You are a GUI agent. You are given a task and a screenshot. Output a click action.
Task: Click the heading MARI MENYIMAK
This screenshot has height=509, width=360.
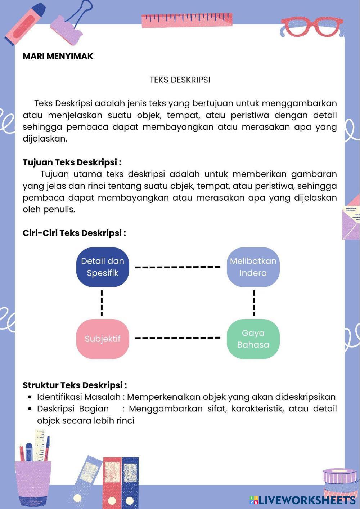click(x=58, y=56)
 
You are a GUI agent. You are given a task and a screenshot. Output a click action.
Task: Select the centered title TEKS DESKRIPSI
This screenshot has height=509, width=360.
click(x=180, y=80)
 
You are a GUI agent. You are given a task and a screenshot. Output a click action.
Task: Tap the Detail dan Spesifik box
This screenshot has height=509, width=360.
click(x=103, y=267)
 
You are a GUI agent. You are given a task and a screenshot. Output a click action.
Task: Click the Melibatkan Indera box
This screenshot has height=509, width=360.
click(x=253, y=267)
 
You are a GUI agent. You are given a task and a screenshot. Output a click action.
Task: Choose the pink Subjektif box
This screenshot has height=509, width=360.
click(x=103, y=339)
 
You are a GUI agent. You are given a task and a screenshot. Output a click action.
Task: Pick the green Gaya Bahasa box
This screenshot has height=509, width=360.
click(x=253, y=339)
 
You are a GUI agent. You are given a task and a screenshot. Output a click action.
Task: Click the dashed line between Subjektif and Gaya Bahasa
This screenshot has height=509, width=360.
click(x=177, y=338)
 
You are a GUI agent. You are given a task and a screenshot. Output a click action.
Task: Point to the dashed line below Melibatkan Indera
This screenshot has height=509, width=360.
click(x=255, y=303)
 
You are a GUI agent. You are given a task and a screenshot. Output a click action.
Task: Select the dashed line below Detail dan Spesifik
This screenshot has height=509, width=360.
click(x=102, y=303)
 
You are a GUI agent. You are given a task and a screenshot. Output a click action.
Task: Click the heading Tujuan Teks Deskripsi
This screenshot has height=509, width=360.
click(x=72, y=162)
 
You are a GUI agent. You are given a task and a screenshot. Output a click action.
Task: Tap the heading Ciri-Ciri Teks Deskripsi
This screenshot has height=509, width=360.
click(x=74, y=233)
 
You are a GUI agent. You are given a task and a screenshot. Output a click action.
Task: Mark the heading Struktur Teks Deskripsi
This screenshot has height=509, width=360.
click(x=75, y=385)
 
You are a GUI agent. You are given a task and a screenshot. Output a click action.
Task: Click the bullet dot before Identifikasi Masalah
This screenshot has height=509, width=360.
click(x=30, y=397)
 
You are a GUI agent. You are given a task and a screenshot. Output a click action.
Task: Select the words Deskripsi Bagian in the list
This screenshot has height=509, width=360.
click(x=73, y=409)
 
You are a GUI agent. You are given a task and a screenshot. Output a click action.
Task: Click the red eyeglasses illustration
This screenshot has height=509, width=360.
click(x=312, y=27)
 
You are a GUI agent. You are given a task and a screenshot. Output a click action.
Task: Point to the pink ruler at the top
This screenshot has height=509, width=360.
click(x=187, y=20)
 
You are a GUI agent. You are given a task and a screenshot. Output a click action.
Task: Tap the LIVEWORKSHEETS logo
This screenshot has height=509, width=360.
click(x=302, y=500)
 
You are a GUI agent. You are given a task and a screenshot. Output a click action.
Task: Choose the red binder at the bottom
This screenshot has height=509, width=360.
click(x=112, y=481)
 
